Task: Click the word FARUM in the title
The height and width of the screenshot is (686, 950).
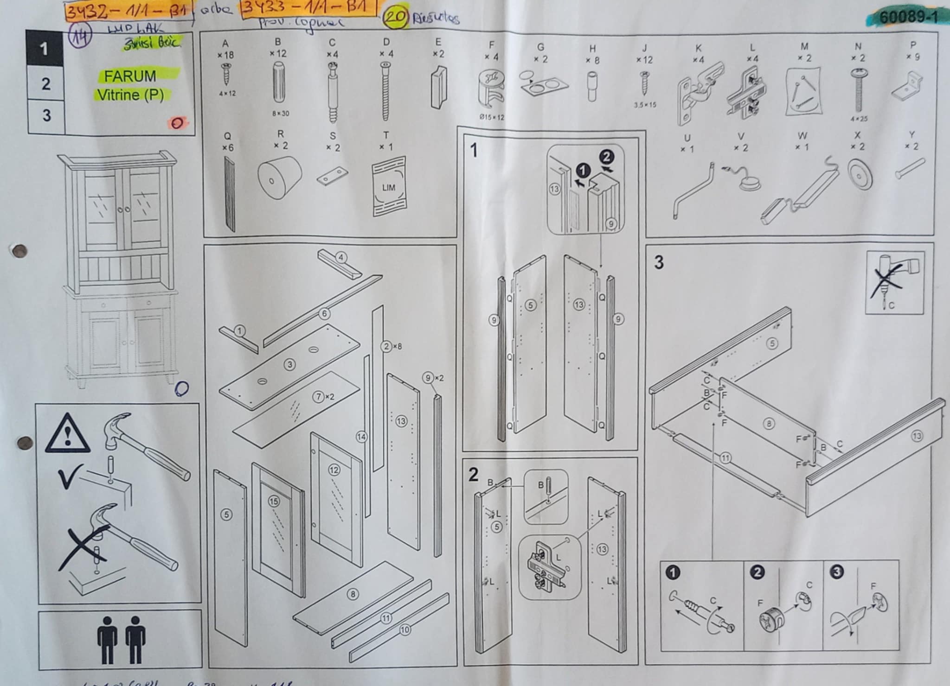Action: point(130,76)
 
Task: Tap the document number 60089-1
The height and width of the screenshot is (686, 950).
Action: point(908,18)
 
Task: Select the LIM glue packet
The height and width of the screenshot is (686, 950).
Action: point(389,187)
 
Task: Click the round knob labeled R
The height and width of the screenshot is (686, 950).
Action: point(279,178)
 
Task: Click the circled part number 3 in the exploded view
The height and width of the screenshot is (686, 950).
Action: point(290,364)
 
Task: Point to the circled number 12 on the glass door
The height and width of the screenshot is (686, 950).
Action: point(334,470)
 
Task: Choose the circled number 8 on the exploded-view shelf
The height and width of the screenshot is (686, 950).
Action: point(353,594)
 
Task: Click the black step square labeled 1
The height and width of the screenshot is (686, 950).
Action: point(44,48)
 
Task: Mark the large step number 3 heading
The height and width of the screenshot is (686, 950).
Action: point(659,262)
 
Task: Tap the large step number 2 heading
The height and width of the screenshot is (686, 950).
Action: point(473,474)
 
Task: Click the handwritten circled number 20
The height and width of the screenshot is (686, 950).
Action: point(396,17)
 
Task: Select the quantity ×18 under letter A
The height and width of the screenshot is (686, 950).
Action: point(225,55)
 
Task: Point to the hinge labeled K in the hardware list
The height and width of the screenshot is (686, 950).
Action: point(700,93)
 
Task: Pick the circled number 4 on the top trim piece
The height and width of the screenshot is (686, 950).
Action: point(341,257)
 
